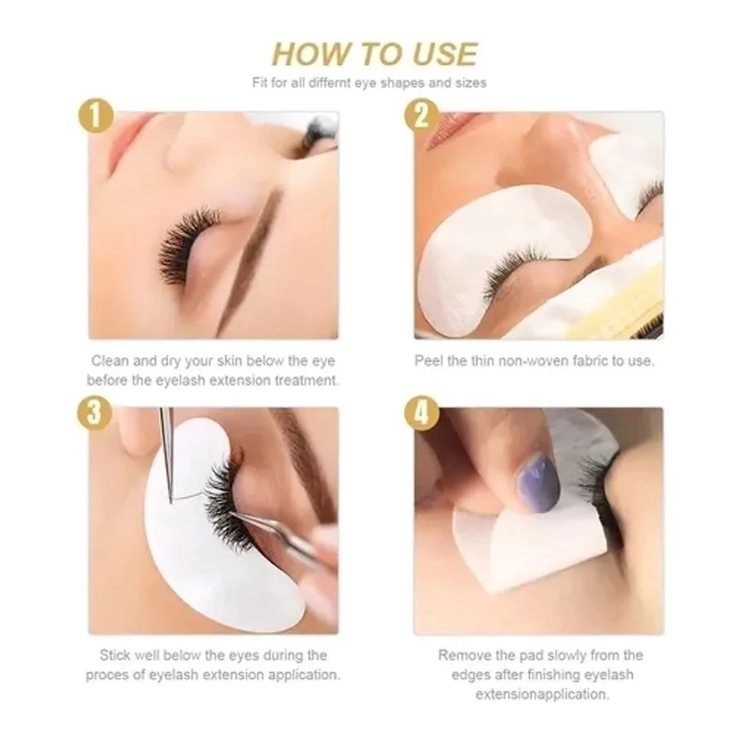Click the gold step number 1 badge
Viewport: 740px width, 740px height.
coord(96,115)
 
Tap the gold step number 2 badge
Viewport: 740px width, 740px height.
coord(422,115)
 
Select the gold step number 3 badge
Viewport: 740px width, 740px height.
coord(95,411)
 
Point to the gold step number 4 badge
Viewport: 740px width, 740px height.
coord(422,413)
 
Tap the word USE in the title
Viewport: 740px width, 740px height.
coord(444,54)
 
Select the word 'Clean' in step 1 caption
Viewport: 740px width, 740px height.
coord(110,361)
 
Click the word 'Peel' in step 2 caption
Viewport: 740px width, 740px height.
coord(429,361)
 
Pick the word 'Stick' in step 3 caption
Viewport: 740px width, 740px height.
coord(115,655)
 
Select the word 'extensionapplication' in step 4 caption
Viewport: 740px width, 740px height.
coord(542,694)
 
